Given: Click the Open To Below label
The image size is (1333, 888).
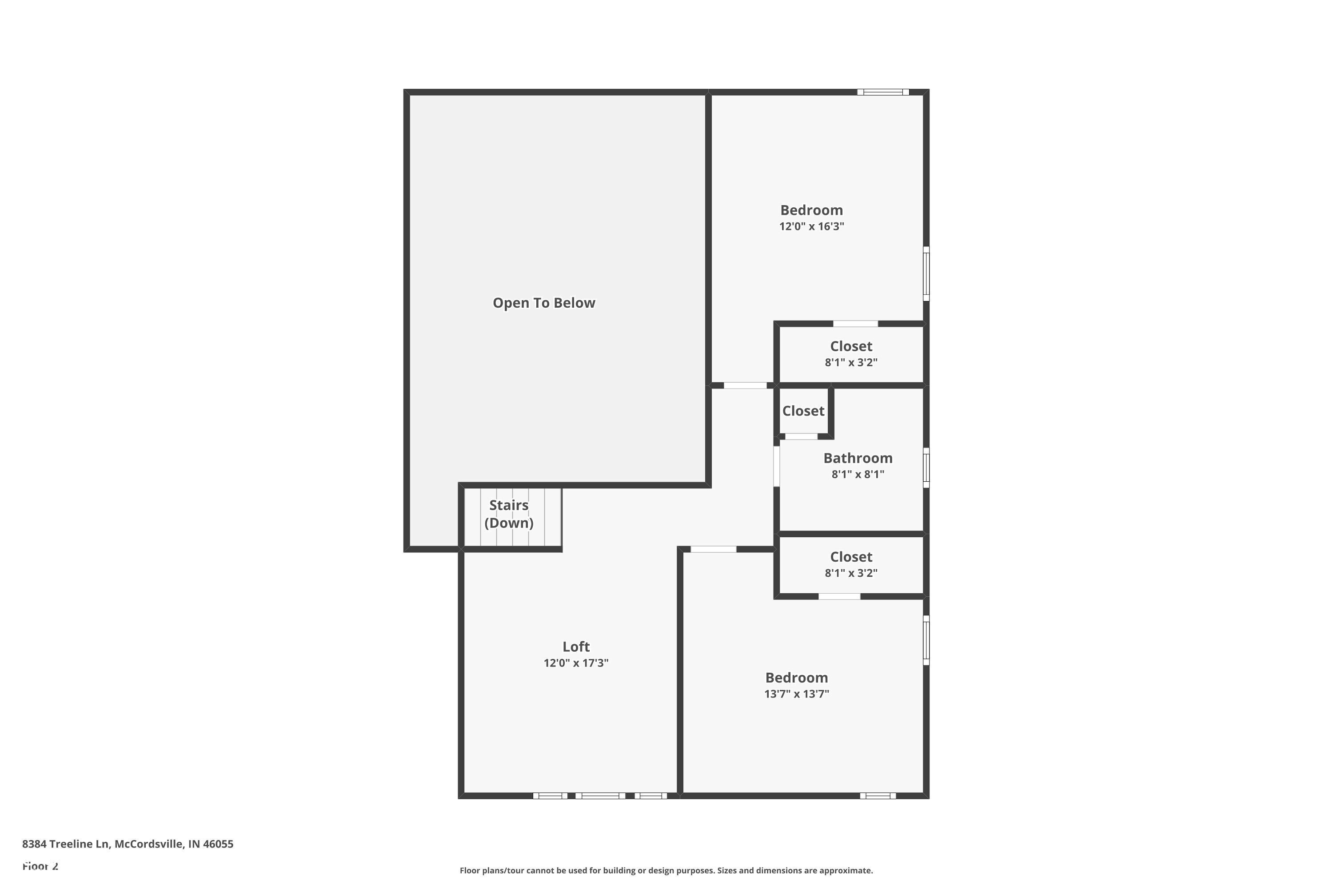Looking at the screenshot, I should pyautogui.click(x=543, y=303).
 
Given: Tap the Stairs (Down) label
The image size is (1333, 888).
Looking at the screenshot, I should pyautogui.click(x=508, y=514).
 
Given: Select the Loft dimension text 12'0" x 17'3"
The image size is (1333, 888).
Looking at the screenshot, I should pyautogui.click(x=576, y=662).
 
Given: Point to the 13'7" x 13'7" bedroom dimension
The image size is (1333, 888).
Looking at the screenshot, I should pyautogui.click(x=796, y=694).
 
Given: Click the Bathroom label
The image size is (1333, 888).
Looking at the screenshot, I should pyautogui.click(x=858, y=458).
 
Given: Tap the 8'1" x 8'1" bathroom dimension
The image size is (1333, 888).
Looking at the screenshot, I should pyautogui.click(x=858, y=475).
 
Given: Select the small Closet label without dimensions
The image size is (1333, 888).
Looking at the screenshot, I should pyautogui.click(x=802, y=411).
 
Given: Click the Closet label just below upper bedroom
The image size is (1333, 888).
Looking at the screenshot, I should pyautogui.click(x=851, y=346).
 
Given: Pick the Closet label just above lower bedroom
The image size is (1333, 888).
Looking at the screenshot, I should pyautogui.click(x=851, y=557).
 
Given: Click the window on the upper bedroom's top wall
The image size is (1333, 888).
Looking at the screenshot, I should pyautogui.click(x=882, y=92).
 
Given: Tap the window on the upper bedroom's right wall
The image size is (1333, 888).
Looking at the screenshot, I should pyautogui.click(x=926, y=274).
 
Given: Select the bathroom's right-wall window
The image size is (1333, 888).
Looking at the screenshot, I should pyautogui.click(x=926, y=468).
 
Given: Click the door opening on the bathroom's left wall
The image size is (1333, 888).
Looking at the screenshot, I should pyautogui.click(x=776, y=466).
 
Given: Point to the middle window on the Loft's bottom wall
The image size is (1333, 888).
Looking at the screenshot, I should pyautogui.click(x=600, y=796).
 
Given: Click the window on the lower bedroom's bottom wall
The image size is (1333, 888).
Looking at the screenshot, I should pyautogui.click(x=877, y=796).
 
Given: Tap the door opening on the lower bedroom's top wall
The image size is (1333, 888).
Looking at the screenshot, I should pyautogui.click(x=713, y=549).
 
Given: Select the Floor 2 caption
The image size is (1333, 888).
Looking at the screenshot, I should pyautogui.click(x=40, y=866).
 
